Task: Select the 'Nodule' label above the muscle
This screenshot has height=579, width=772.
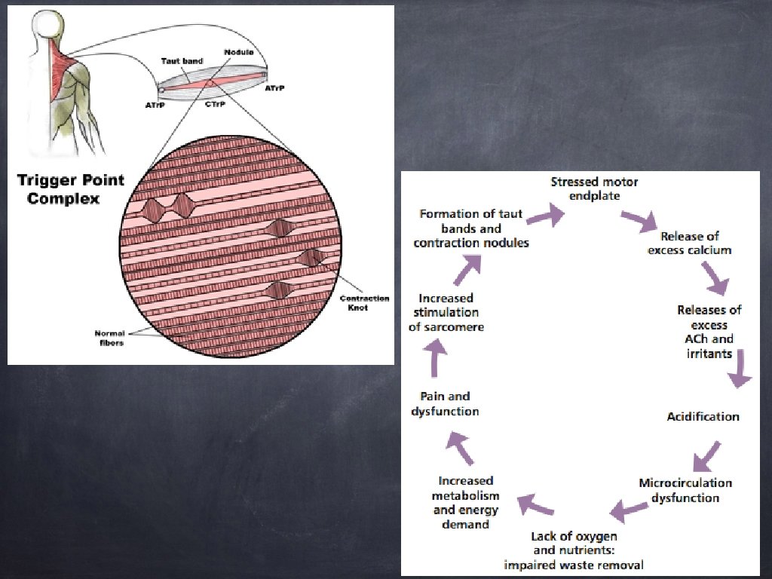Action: tap(238, 53)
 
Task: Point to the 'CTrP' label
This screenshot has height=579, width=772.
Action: tap(213, 106)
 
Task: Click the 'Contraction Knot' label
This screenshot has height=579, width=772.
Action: tap(364, 303)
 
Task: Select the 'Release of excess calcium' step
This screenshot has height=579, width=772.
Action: tap(690, 243)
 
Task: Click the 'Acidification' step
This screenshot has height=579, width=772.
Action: tap(703, 416)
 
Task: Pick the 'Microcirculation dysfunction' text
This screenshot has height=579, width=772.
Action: tap(685, 490)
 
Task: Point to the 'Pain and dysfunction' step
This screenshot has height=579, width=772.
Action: tap(445, 403)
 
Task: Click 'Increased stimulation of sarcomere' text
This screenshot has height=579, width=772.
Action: tap(446, 313)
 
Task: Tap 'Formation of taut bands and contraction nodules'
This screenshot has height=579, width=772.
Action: tap(471, 228)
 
